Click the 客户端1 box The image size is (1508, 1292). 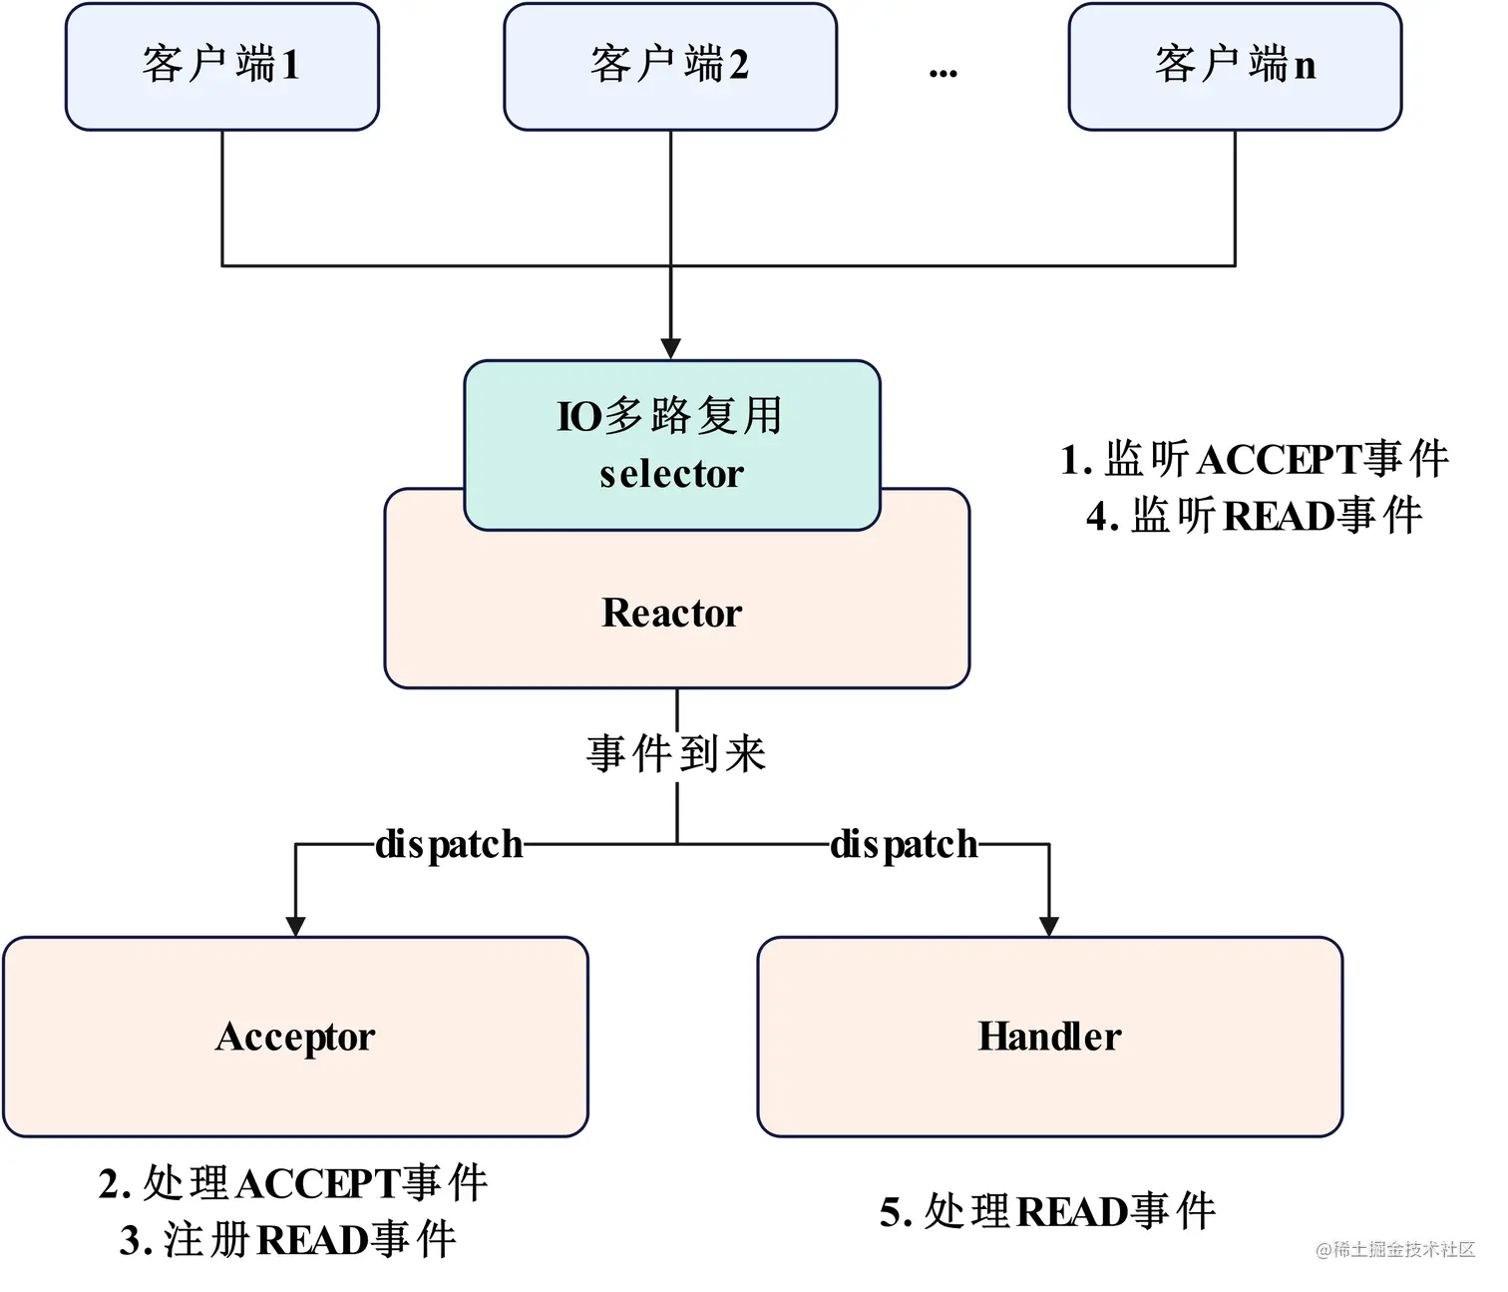[x=221, y=66]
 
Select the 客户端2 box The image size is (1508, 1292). [x=670, y=66]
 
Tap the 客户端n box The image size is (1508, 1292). [x=1235, y=66]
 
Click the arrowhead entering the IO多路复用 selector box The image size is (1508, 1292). [x=671, y=348]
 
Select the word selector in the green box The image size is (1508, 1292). [x=671, y=474]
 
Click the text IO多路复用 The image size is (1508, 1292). [x=670, y=416]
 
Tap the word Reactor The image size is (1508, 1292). [x=672, y=613]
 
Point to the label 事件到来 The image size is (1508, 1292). [x=676, y=754]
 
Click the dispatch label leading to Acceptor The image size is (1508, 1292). [x=449, y=845]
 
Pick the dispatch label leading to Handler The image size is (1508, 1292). [x=904, y=845]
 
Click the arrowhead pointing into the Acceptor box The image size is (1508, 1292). [x=295, y=925]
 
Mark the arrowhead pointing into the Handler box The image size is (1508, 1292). [x=1048, y=925]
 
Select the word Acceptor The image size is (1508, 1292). [x=295, y=1037]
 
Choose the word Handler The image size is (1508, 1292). [x=1049, y=1037]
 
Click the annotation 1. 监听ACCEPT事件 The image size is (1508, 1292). [x=1255, y=460]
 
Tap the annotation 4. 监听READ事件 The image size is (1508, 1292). [x=1255, y=517]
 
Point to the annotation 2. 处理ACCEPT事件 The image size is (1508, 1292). [x=293, y=1183]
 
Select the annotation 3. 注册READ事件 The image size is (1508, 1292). [x=288, y=1240]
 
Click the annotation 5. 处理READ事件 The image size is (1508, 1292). [x=1047, y=1212]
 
